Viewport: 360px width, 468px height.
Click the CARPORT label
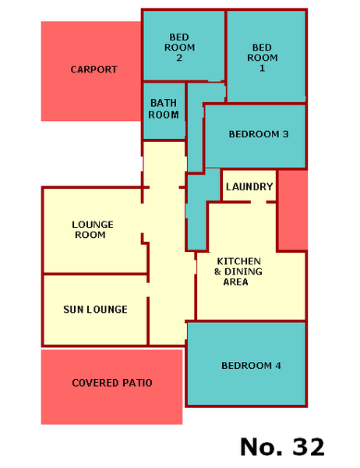[94, 69]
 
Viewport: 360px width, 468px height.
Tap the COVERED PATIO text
[112, 383]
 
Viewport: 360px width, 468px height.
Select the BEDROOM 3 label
[259, 134]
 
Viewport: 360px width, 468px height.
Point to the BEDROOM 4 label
[251, 366]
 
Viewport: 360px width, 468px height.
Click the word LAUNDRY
[249, 187]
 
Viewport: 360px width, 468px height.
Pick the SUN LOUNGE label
[95, 310]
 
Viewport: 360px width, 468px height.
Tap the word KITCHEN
[239, 261]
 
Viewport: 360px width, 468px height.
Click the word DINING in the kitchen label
[243, 271]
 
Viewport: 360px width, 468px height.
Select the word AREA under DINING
[235, 282]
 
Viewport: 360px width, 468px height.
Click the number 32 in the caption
[308, 447]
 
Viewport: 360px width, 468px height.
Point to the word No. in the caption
[261, 447]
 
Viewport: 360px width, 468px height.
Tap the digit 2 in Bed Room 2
[179, 58]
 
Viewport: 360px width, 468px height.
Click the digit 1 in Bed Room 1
[262, 68]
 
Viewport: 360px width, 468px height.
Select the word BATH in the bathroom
[164, 103]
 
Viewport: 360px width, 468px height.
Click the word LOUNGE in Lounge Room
[93, 225]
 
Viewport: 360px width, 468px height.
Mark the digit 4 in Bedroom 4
[278, 366]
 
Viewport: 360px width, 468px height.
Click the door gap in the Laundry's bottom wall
[258, 202]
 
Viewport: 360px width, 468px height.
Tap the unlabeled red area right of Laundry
[293, 210]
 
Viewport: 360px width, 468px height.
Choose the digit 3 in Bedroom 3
[285, 134]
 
